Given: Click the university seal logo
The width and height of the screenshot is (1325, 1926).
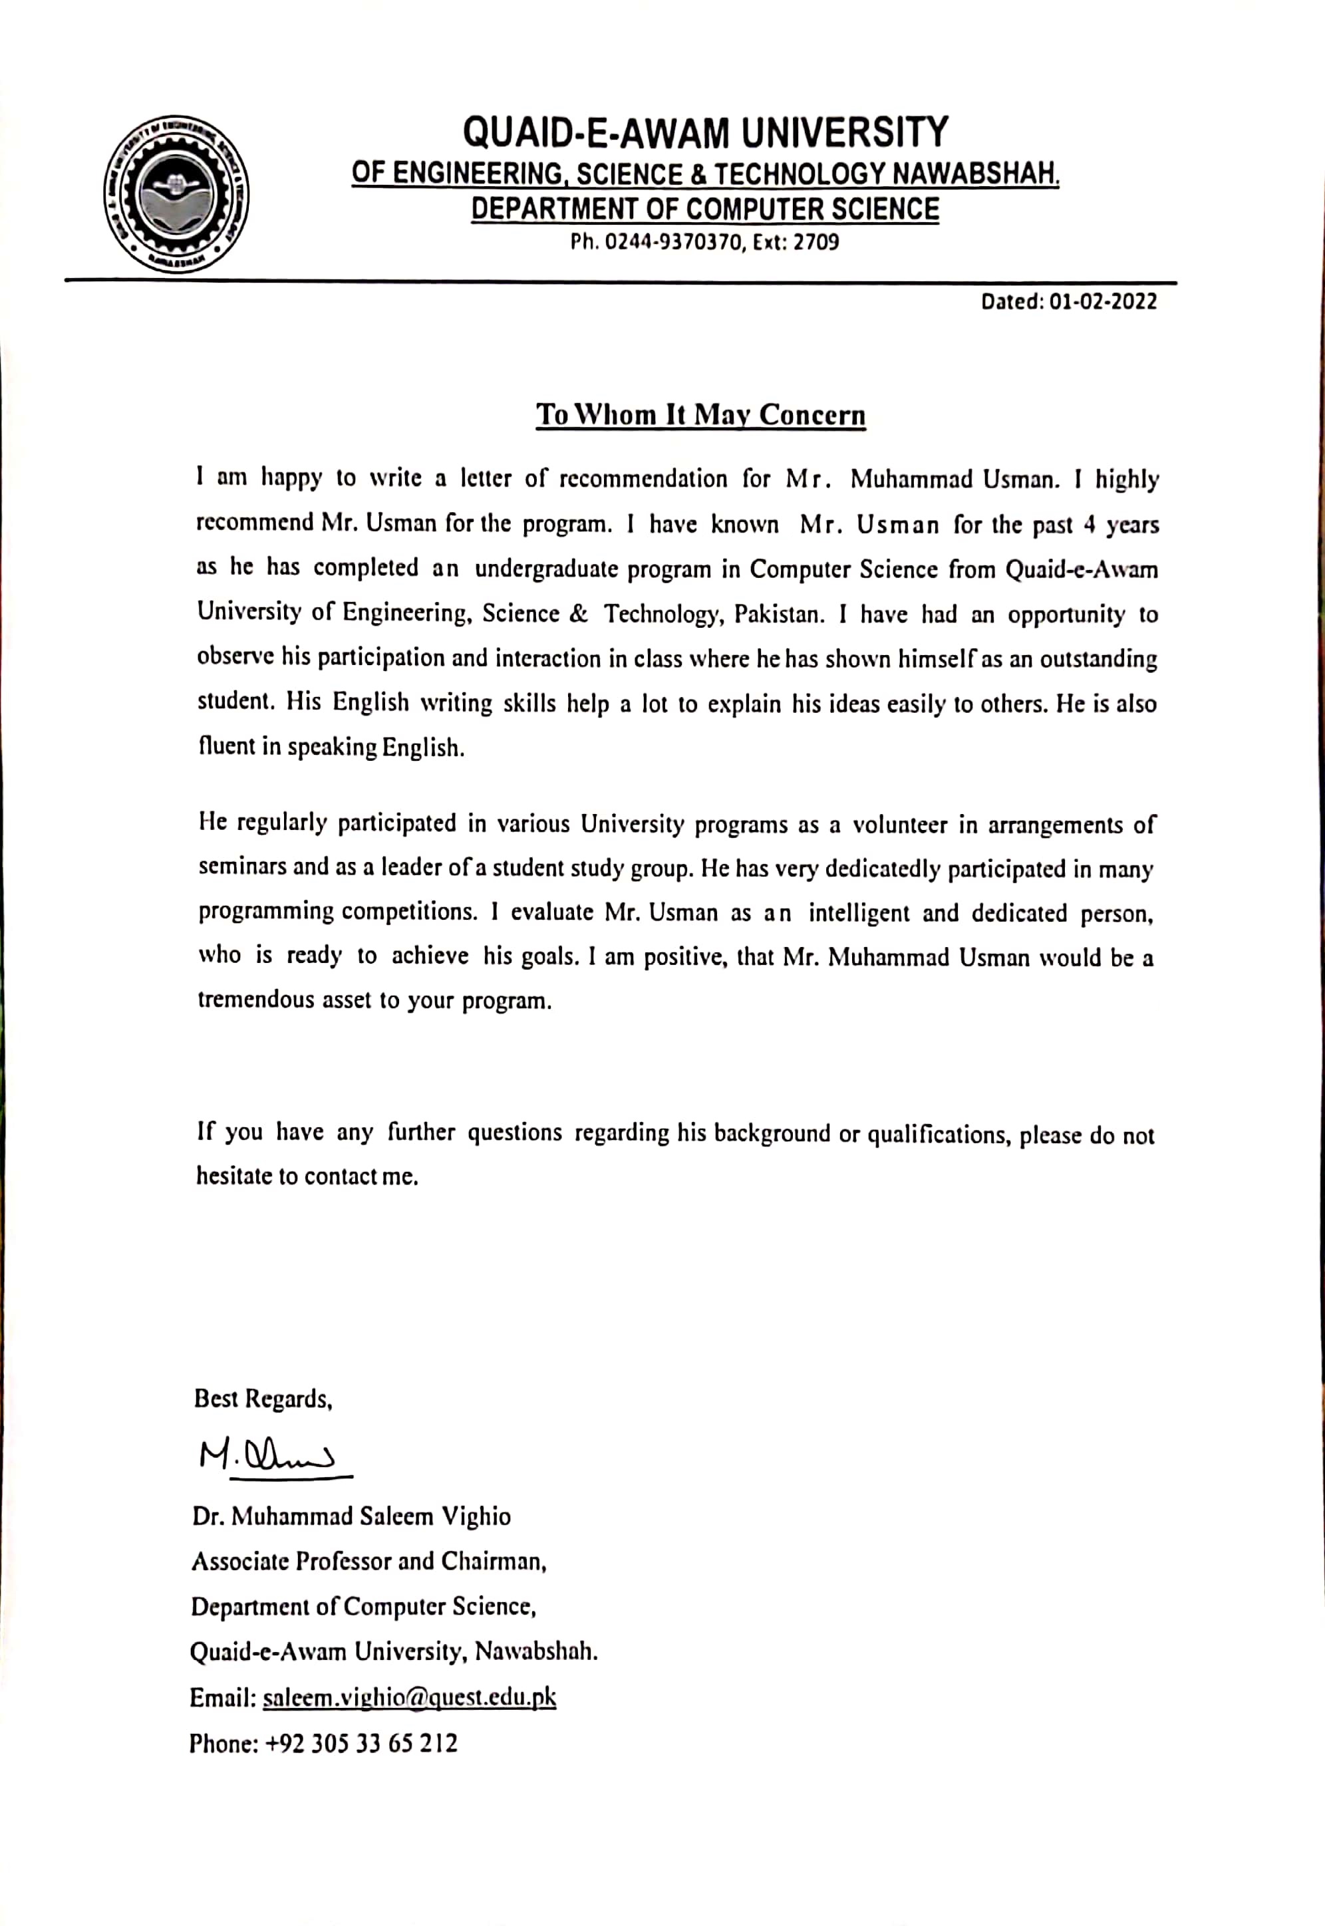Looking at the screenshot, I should [x=177, y=194].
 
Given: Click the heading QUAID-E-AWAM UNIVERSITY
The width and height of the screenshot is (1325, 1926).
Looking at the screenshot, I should [x=705, y=133].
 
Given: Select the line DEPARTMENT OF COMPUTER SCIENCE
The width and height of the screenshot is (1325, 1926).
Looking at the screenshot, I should [x=705, y=209].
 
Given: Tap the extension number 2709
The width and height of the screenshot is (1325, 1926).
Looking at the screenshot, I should [x=816, y=242].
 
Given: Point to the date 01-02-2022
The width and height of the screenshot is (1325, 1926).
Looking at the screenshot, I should [x=1103, y=301].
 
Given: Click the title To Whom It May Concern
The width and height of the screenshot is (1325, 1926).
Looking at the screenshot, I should [x=700, y=414].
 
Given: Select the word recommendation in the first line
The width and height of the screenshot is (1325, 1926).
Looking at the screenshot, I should [x=643, y=479].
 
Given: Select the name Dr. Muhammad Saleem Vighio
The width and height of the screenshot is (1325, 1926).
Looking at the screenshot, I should [x=351, y=1517].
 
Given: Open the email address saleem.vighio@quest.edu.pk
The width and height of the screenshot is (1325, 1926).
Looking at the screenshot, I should [x=409, y=1698].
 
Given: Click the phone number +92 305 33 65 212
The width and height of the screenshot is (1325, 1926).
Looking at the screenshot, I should [x=361, y=1742].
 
